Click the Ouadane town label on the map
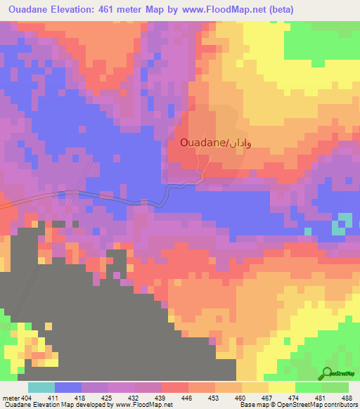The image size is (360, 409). click(201, 143)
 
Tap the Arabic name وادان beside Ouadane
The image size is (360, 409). click(238, 143)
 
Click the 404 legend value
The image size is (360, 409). click(25, 398)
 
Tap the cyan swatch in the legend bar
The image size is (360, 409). click(41, 387)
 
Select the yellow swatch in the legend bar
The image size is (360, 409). click(281, 387)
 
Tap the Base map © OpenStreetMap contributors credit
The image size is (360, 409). click(296, 405)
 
